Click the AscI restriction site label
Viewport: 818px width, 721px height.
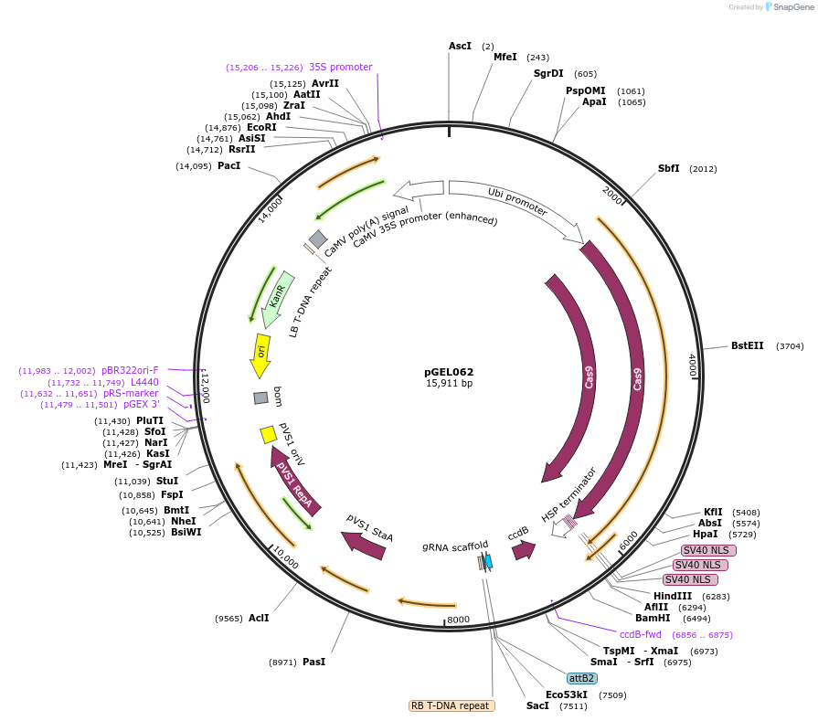[460, 46]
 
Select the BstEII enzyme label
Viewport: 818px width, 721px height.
[747, 346]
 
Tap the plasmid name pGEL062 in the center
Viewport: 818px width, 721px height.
[449, 372]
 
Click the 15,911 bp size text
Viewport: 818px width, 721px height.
[449, 383]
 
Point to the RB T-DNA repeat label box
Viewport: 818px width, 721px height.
[451, 705]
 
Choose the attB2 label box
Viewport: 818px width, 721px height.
[582, 678]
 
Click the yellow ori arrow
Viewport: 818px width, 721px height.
[260, 355]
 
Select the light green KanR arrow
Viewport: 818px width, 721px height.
[278, 297]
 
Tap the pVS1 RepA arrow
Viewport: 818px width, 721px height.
[296, 481]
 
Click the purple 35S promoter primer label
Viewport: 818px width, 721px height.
[340, 67]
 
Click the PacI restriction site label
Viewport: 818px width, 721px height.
[228, 165]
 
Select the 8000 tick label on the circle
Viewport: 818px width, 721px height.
[458, 619]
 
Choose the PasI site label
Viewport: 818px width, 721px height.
[313, 662]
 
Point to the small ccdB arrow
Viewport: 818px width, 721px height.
[523, 550]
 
